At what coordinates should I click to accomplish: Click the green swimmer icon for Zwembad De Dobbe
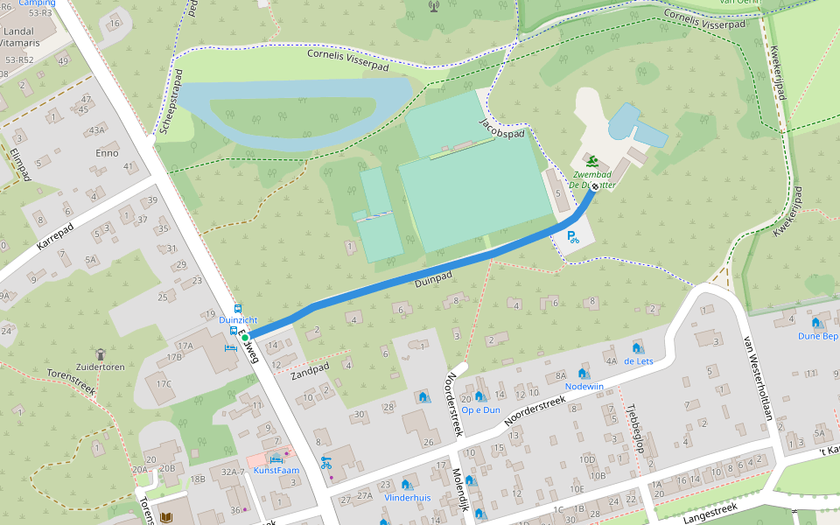(x=592, y=162)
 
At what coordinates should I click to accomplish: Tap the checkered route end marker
(x=595, y=185)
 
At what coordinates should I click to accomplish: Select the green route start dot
(x=246, y=337)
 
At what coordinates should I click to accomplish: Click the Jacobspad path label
(x=502, y=130)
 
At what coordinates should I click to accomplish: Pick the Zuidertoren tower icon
(x=100, y=354)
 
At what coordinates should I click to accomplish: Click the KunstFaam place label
(x=276, y=470)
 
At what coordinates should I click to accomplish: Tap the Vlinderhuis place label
(x=407, y=497)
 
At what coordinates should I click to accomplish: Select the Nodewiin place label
(x=584, y=386)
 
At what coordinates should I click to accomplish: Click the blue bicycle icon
(x=325, y=463)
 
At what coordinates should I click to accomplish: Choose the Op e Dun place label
(x=480, y=409)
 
